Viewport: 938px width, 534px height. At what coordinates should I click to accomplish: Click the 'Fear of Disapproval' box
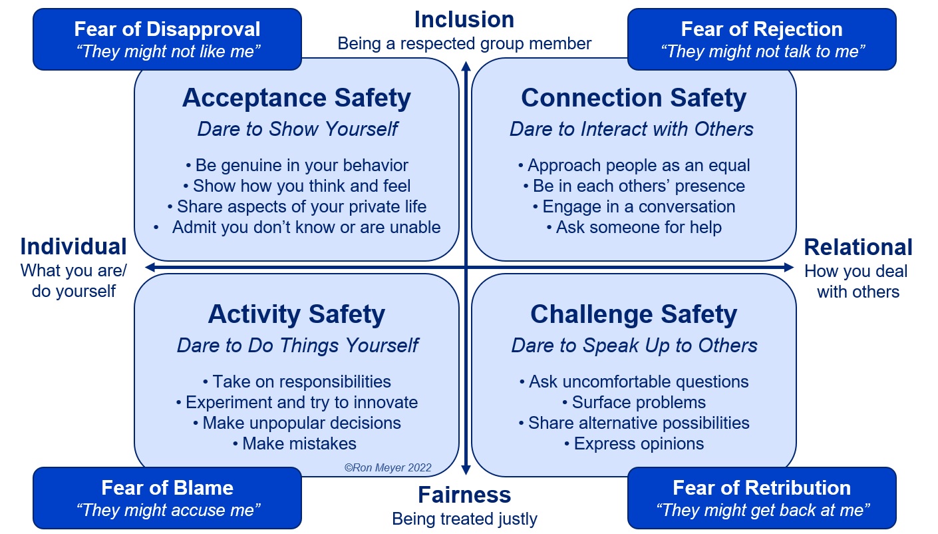(167, 39)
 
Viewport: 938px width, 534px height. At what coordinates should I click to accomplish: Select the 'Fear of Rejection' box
(762, 39)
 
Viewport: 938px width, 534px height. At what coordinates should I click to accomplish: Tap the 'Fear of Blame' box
(167, 498)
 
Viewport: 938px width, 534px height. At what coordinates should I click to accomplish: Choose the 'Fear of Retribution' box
(762, 498)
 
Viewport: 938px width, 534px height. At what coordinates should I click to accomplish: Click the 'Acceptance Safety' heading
(297, 98)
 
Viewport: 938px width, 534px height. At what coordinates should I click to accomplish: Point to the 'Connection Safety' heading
(633, 98)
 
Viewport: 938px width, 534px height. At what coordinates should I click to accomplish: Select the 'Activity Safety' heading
(297, 314)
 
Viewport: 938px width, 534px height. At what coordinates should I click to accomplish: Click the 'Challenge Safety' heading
(633, 314)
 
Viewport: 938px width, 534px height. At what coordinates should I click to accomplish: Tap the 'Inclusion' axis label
(464, 20)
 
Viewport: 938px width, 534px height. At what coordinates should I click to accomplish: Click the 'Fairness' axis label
(464, 495)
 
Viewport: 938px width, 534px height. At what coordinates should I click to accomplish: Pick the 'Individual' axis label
(73, 246)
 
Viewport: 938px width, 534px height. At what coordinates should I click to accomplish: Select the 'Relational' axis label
(858, 247)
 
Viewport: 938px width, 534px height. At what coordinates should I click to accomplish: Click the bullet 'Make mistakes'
(295, 443)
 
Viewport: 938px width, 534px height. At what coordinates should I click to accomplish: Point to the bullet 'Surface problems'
(634, 402)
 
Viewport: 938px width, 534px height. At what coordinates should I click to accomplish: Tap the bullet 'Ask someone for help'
(634, 227)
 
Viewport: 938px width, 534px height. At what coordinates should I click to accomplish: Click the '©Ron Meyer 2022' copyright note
(388, 468)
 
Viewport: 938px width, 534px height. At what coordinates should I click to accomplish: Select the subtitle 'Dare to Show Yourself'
(297, 129)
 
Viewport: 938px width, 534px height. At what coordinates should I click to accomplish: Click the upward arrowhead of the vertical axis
(466, 66)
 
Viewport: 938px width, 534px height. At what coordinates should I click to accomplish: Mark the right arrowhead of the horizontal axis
(789, 268)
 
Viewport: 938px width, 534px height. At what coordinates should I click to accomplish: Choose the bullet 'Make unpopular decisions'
(297, 423)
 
